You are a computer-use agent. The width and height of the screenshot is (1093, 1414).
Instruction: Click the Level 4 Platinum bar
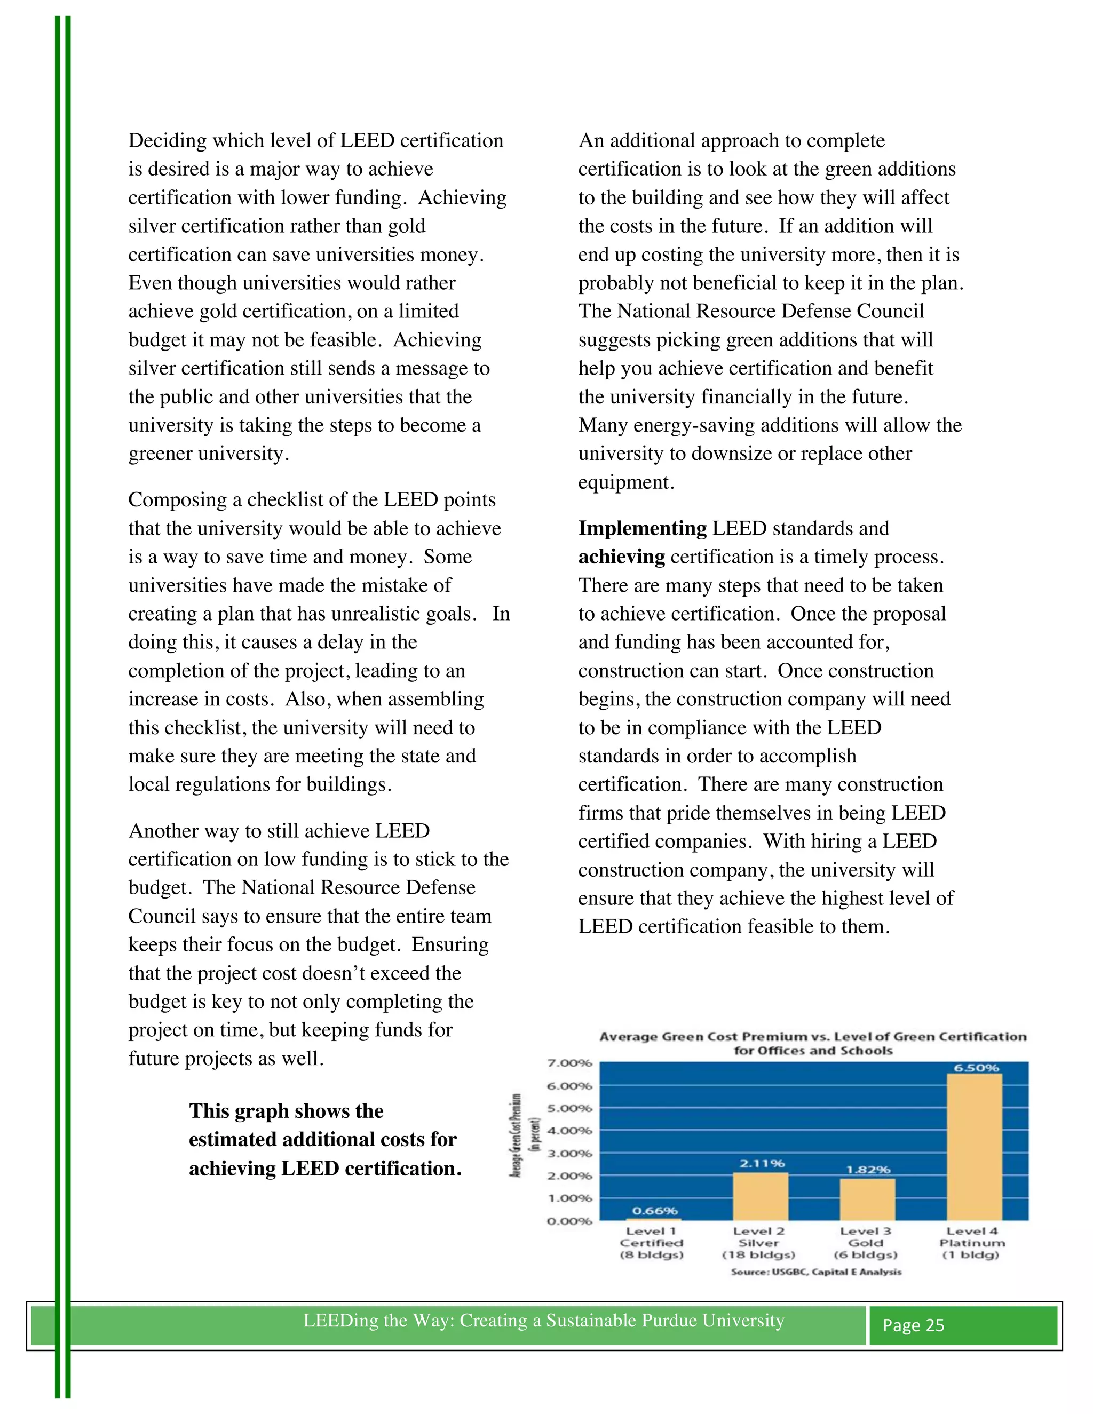[x=974, y=1147]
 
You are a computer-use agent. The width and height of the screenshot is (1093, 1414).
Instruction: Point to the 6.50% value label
[x=976, y=1068]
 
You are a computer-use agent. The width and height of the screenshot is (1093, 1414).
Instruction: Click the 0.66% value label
[x=655, y=1211]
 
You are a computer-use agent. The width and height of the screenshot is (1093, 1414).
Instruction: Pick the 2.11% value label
[x=762, y=1163]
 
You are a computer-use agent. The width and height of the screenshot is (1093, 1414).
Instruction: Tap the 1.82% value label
[x=868, y=1169]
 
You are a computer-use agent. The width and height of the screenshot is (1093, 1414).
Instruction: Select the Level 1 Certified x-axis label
[x=652, y=1242]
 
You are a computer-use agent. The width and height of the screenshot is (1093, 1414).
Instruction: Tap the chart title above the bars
[x=813, y=1043]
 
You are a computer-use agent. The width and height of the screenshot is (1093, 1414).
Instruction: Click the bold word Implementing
[x=641, y=528]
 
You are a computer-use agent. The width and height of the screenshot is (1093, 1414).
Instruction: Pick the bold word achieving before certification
[x=621, y=557]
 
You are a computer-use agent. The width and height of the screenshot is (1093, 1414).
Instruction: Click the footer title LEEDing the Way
[x=543, y=1320]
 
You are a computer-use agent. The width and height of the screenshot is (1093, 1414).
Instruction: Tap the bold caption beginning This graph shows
[x=324, y=1139]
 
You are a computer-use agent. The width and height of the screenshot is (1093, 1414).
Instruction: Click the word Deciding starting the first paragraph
[x=167, y=140]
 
